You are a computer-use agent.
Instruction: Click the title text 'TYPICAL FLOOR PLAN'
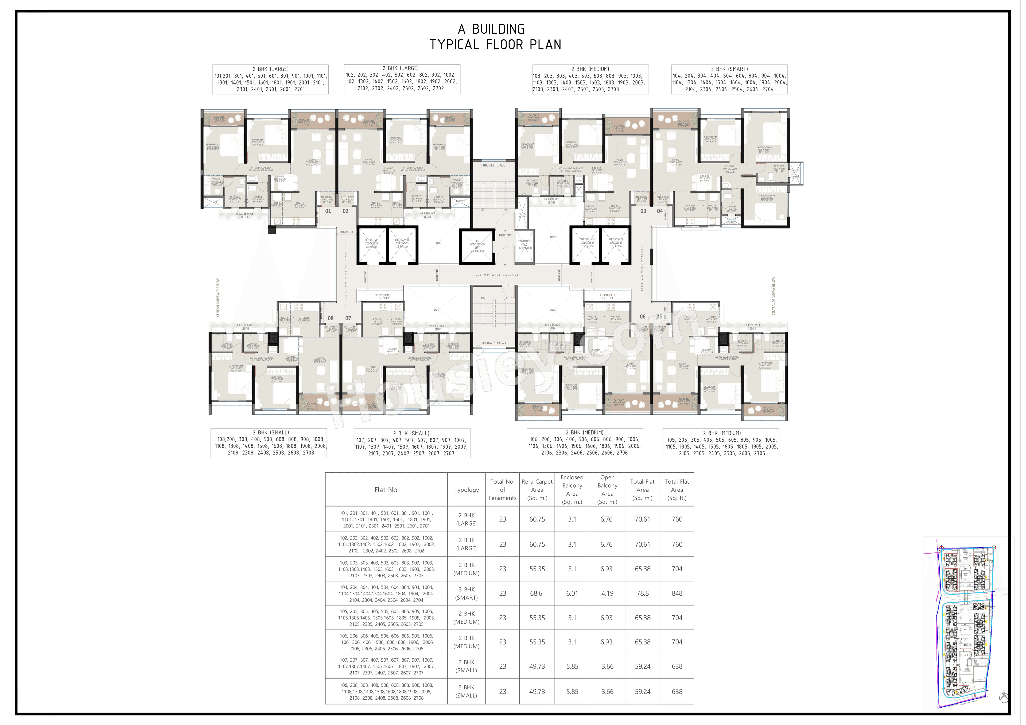tap(495, 45)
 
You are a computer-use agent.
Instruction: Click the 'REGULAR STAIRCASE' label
tap(494, 343)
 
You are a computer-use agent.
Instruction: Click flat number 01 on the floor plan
tap(328, 211)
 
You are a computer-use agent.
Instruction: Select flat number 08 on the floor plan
tap(331, 318)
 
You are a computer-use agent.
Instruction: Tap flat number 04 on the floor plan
tap(660, 211)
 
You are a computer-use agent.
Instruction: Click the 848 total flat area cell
tap(677, 593)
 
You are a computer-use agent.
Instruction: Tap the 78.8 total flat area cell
tap(643, 593)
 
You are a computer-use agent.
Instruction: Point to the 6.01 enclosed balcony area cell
tap(572, 593)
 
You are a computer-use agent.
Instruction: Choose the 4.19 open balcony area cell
tap(607, 593)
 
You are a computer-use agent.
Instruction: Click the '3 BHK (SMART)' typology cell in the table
tap(466, 593)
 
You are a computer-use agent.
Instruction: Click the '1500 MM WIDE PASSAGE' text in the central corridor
tap(496, 275)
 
